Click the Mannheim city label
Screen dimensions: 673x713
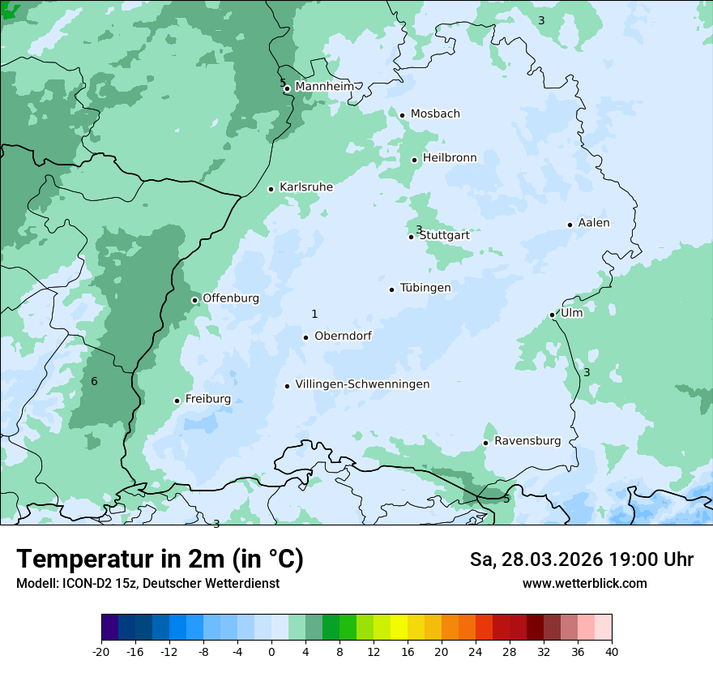click(x=324, y=86)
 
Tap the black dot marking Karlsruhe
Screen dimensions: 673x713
click(x=271, y=189)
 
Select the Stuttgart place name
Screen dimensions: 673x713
click(x=444, y=235)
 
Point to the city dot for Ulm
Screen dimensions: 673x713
click(x=552, y=315)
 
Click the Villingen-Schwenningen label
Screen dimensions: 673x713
click(x=362, y=384)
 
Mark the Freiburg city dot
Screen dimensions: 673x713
click(x=177, y=401)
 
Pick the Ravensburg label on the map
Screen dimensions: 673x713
click(x=527, y=440)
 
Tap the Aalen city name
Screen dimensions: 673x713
click(x=594, y=222)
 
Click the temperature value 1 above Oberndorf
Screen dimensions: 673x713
click(x=314, y=314)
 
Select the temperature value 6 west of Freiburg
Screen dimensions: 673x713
click(x=94, y=381)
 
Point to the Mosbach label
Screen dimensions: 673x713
click(x=435, y=114)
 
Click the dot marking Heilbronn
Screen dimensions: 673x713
click(x=414, y=160)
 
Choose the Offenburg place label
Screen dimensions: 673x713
click(x=231, y=298)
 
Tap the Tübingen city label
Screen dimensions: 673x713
click(x=425, y=287)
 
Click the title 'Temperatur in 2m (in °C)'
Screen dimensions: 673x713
click(x=160, y=559)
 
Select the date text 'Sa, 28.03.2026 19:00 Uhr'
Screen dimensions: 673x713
click(x=581, y=559)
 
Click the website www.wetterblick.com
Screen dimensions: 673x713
click(x=584, y=583)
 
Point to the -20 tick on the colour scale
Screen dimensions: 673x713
click(x=101, y=651)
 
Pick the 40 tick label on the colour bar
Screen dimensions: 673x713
click(x=612, y=651)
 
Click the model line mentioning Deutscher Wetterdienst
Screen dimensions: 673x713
click(x=147, y=583)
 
